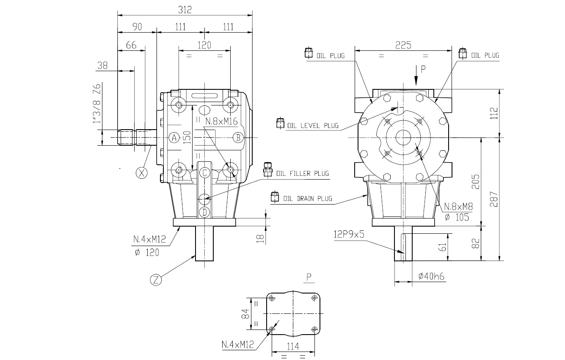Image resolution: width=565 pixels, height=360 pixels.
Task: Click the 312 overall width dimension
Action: [185, 10]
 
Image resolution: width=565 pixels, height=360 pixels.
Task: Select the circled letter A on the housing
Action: [174, 137]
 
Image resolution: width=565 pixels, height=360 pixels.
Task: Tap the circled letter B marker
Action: [238, 137]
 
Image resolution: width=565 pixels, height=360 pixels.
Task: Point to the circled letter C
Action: [204, 172]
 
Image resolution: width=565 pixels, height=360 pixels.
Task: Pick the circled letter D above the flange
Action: [204, 212]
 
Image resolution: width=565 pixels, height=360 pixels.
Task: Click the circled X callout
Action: [142, 172]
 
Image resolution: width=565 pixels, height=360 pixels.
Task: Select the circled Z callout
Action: [156, 279]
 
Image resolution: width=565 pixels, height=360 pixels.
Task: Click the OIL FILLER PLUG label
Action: [302, 173]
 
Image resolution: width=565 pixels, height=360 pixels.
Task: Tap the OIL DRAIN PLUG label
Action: [307, 198]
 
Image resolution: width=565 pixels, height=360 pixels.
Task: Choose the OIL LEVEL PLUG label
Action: [313, 125]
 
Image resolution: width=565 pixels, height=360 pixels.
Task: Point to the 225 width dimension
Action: [403, 45]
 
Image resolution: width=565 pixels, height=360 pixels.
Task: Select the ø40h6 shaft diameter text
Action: [431, 276]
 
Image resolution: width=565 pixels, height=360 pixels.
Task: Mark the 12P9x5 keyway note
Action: [349, 235]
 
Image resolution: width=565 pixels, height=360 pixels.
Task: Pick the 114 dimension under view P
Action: [292, 346]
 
